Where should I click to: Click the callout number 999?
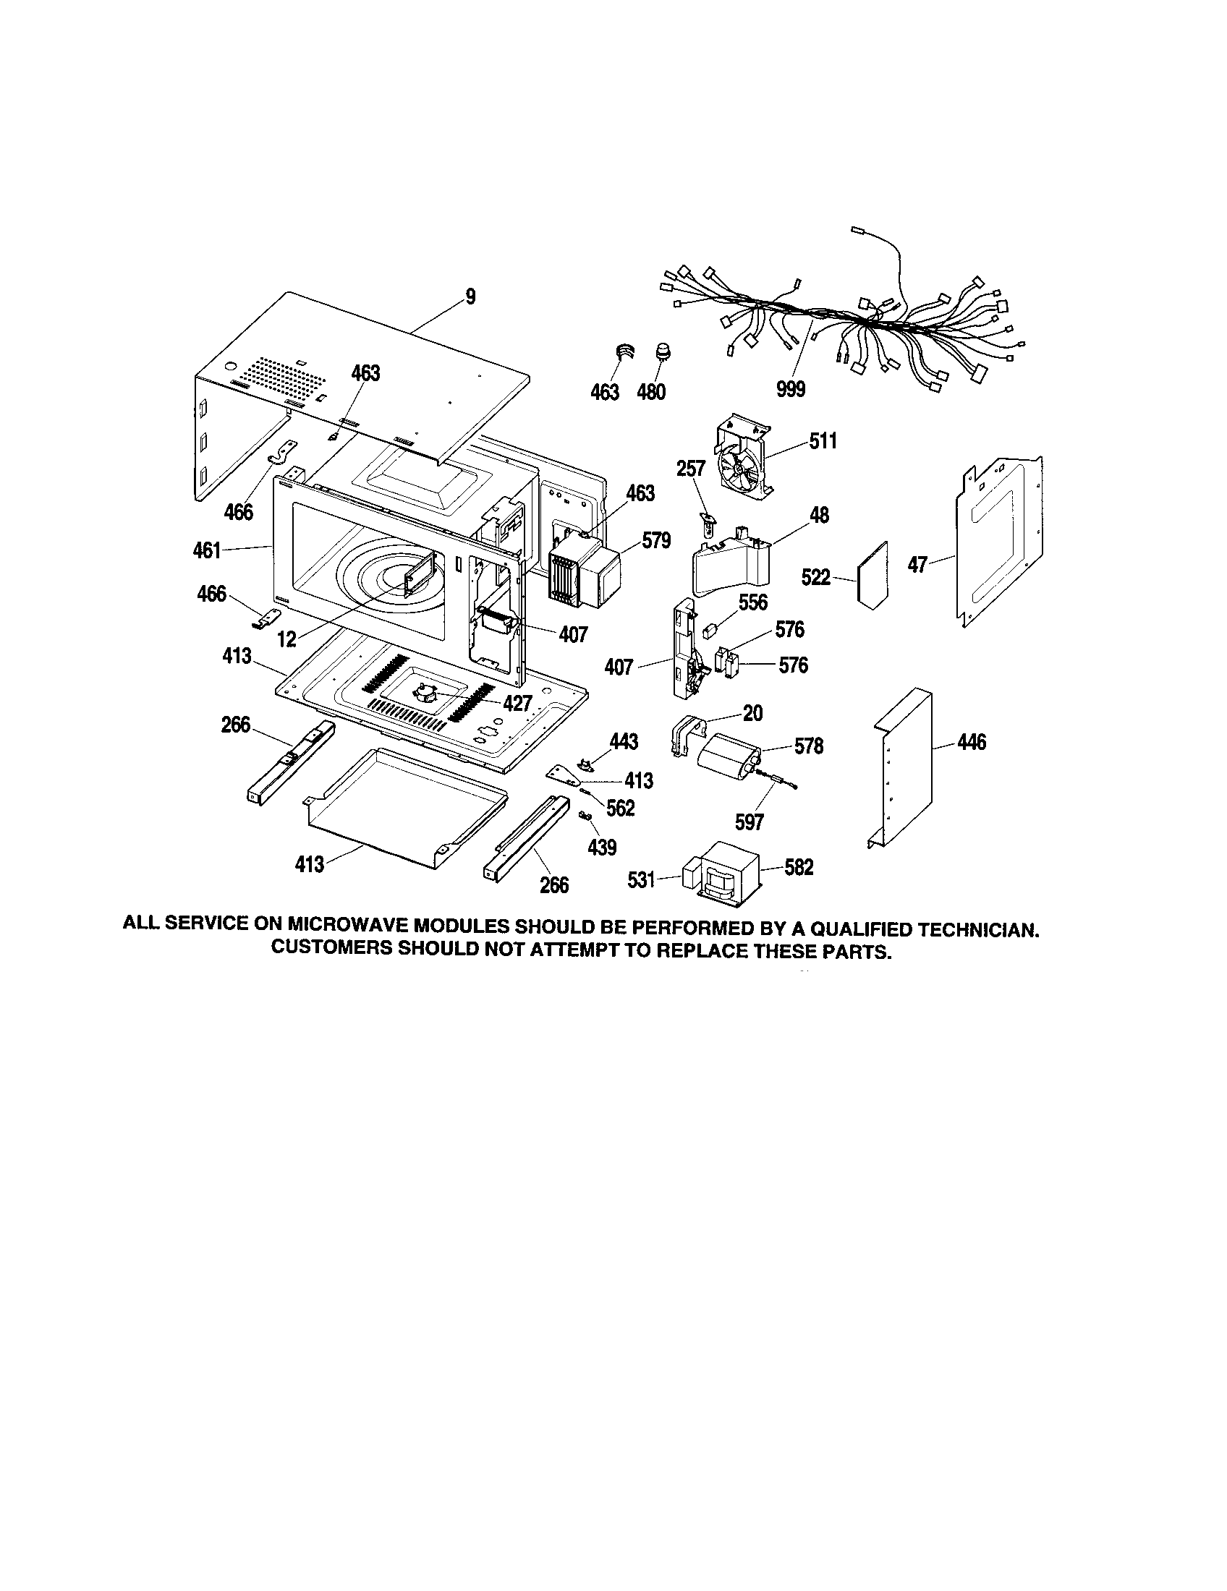pyautogui.click(x=791, y=390)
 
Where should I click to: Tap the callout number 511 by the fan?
pyautogui.click(x=823, y=440)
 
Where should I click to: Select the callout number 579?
pyautogui.click(x=655, y=541)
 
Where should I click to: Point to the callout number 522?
pyautogui.click(x=815, y=578)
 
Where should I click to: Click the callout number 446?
pyautogui.click(x=971, y=742)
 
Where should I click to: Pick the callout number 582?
pyautogui.click(x=799, y=867)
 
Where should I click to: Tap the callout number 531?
pyautogui.click(x=641, y=880)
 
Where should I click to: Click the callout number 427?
pyautogui.click(x=517, y=703)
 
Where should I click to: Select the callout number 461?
pyautogui.click(x=207, y=550)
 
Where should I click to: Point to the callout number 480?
pyautogui.click(x=650, y=393)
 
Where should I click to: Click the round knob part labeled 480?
pyautogui.click(x=663, y=351)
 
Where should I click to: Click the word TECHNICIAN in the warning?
pyautogui.click(x=977, y=929)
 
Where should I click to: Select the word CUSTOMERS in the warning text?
pyautogui.click(x=330, y=950)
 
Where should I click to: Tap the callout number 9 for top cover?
pyautogui.click(x=470, y=297)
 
